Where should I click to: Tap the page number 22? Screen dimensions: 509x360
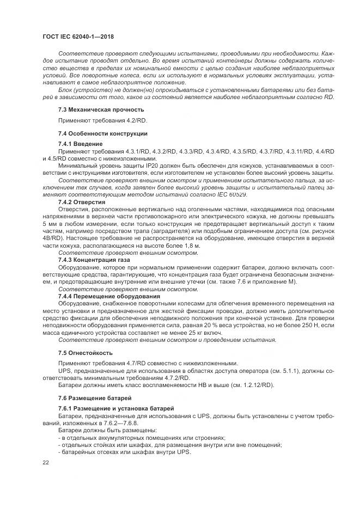point(46,462)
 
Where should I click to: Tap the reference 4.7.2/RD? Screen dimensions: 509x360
point(173,377)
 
